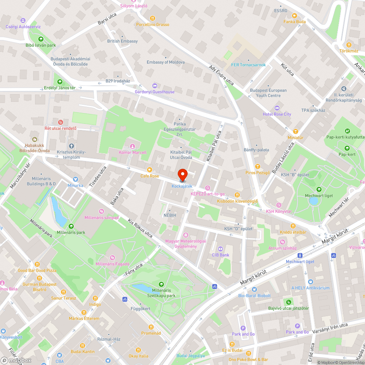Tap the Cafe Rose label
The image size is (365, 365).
[x=150, y=176]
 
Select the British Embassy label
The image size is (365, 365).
[x=122, y=41]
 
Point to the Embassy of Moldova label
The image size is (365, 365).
[x=165, y=62]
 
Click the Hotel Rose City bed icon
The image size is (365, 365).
[x=277, y=108]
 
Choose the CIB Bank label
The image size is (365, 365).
[x=220, y=255]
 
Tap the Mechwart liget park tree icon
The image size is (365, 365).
[x=319, y=189]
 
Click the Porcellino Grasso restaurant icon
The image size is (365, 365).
[x=153, y=18]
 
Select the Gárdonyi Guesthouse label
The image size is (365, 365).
[x=154, y=92]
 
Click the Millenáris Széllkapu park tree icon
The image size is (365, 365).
[x=161, y=284]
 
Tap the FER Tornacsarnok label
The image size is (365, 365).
[x=248, y=65]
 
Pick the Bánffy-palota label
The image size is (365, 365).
[x=256, y=150]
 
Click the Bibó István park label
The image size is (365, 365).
[x=40, y=46]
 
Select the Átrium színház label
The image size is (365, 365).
[x=281, y=248]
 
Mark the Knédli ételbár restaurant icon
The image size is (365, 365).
[x=292, y=226]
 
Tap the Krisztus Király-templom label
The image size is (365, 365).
[x=71, y=154]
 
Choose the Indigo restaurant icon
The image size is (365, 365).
[x=95, y=298]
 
